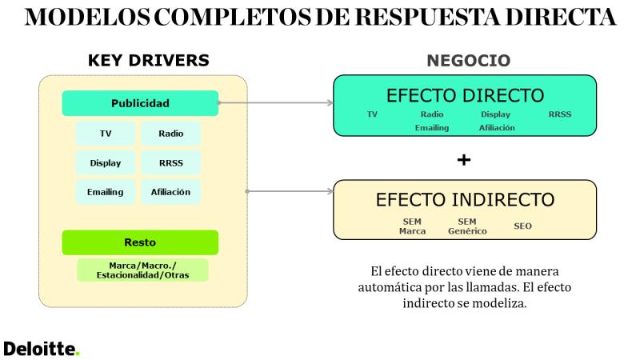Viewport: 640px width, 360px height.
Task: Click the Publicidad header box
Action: coord(140,103)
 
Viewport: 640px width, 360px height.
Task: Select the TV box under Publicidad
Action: coord(106,134)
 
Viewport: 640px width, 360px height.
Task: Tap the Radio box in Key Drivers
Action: coord(171,134)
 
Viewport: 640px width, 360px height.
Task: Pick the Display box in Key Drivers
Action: coord(106,163)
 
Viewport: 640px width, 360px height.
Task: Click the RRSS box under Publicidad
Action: coord(171,163)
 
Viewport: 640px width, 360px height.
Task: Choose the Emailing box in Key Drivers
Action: coord(106,192)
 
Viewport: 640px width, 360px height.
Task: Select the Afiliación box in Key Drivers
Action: coord(171,192)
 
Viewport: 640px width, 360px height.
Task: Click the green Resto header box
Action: coord(140,242)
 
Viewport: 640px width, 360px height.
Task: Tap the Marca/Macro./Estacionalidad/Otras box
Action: coord(143,270)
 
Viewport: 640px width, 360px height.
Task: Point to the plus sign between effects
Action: coord(464,159)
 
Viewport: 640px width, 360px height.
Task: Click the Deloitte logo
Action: coord(42,349)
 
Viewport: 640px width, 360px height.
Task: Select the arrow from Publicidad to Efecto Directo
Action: coord(276,103)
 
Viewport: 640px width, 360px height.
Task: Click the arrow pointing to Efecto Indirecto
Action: coord(290,191)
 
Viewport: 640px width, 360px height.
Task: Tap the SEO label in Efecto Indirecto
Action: coord(522,226)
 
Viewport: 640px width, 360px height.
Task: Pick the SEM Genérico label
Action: coord(467,226)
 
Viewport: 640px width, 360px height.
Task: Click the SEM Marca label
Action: coord(412,226)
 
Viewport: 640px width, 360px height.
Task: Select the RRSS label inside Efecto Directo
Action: coord(559,114)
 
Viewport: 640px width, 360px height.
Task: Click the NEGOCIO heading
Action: coord(469,61)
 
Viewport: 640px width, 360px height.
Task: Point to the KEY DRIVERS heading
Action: coord(149,61)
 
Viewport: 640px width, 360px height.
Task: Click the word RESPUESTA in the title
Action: coord(427,17)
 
